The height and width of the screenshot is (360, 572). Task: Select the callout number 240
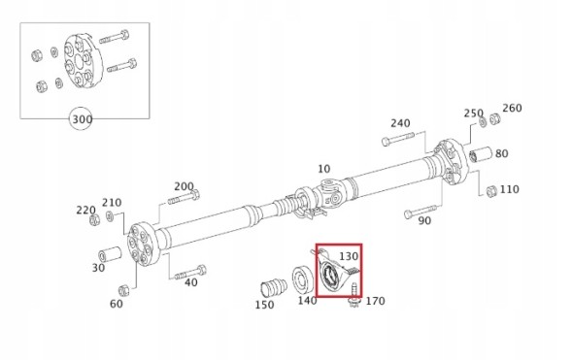pos(400,123)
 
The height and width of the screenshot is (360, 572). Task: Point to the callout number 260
pos(512,108)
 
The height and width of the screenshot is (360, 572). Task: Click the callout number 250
pos(473,114)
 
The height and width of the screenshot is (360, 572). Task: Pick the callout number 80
pos(502,152)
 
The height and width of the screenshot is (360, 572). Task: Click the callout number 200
pos(185,186)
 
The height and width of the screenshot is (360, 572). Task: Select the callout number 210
pos(112,203)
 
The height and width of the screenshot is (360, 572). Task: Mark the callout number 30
pos(98,268)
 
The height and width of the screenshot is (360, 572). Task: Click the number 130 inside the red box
pos(349,256)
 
